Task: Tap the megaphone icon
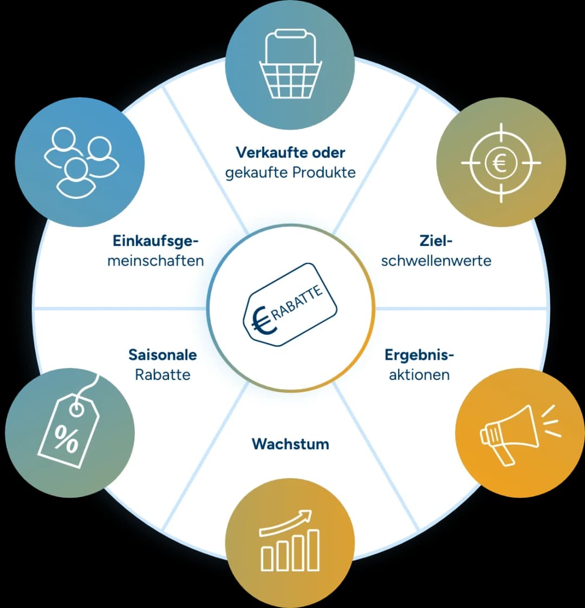coord(520,434)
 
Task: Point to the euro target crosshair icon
coord(501,163)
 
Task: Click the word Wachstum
coord(290,444)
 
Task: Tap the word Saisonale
coord(162,355)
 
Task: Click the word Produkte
coord(324,172)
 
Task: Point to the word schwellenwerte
coord(436,261)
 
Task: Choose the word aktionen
coord(419,374)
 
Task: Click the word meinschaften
coord(155,261)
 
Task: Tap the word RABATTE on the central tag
coord(297,302)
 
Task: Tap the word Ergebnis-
coord(419,355)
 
